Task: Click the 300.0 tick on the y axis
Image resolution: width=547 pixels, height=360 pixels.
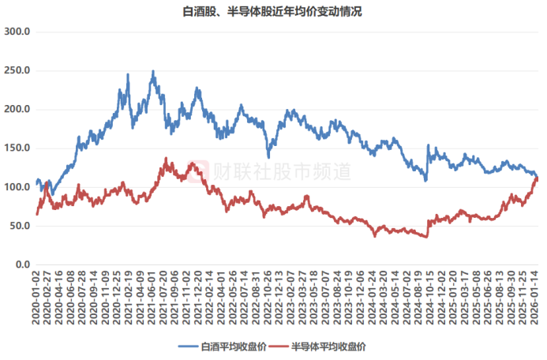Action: [x=17, y=32]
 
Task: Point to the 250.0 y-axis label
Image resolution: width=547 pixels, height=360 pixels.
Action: [x=17, y=70]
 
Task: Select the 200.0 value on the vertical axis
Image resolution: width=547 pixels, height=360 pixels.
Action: [x=17, y=109]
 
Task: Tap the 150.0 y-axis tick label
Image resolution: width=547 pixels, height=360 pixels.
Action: [x=17, y=148]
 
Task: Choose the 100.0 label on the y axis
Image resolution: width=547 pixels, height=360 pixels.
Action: [x=17, y=187]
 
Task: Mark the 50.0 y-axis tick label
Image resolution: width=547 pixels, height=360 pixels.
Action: [x=20, y=226]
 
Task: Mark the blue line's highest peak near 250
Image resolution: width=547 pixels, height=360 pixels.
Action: [x=153, y=71]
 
